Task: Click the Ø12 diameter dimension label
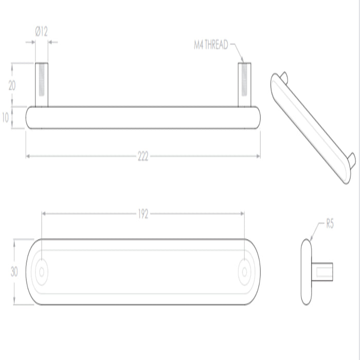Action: tap(41, 32)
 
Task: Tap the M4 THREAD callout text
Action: tap(210, 45)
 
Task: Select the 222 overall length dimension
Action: tap(143, 157)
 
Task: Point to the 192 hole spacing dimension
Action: tap(143, 214)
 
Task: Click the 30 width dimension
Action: tap(14, 272)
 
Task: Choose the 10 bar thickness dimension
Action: tap(6, 118)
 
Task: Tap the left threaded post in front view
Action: tap(42, 85)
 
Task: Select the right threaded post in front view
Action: tap(245, 85)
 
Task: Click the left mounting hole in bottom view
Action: tap(42, 271)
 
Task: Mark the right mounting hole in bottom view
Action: tap(245, 271)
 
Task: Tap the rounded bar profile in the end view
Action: tap(305, 271)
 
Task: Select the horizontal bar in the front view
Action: tap(143, 118)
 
